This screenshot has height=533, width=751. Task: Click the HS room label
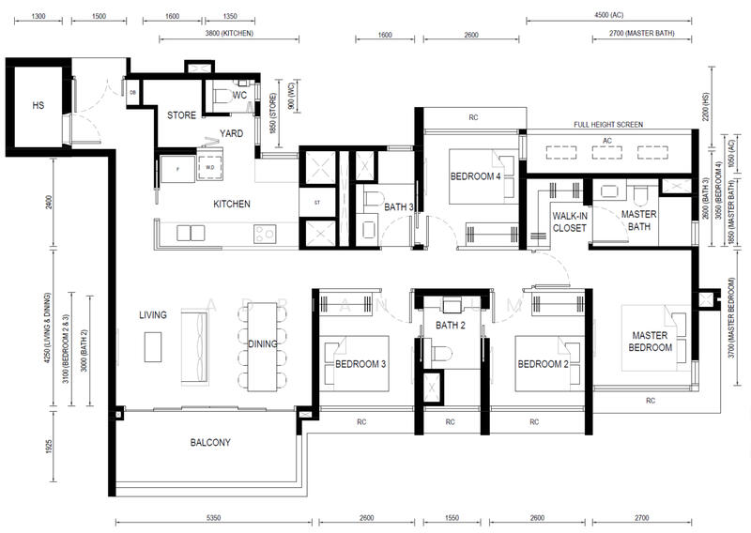click(x=38, y=106)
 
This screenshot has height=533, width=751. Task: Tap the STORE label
click(x=181, y=116)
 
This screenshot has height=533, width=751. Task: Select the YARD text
click(x=231, y=134)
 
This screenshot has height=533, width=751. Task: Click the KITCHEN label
click(x=231, y=204)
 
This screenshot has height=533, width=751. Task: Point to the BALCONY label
click(x=210, y=443)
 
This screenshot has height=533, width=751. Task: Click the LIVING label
click(x=152, y=315)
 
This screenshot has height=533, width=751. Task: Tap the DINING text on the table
click(x=263, y=344)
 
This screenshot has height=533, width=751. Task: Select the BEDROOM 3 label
click(x=361, y=364)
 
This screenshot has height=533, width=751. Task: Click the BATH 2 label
click(x=451, y=326)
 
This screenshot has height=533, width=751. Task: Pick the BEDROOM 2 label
click(x=544, y=364)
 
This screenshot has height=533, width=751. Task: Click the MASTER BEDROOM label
click(x=651, y=342)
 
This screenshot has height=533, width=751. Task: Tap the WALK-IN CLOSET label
click(x=570, y=221)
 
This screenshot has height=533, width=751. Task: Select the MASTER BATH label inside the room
click(x=639, y=220)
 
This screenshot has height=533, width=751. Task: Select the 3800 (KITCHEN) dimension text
click(x=229, y=34)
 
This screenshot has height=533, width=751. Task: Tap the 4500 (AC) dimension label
click(x=609, y=16)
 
